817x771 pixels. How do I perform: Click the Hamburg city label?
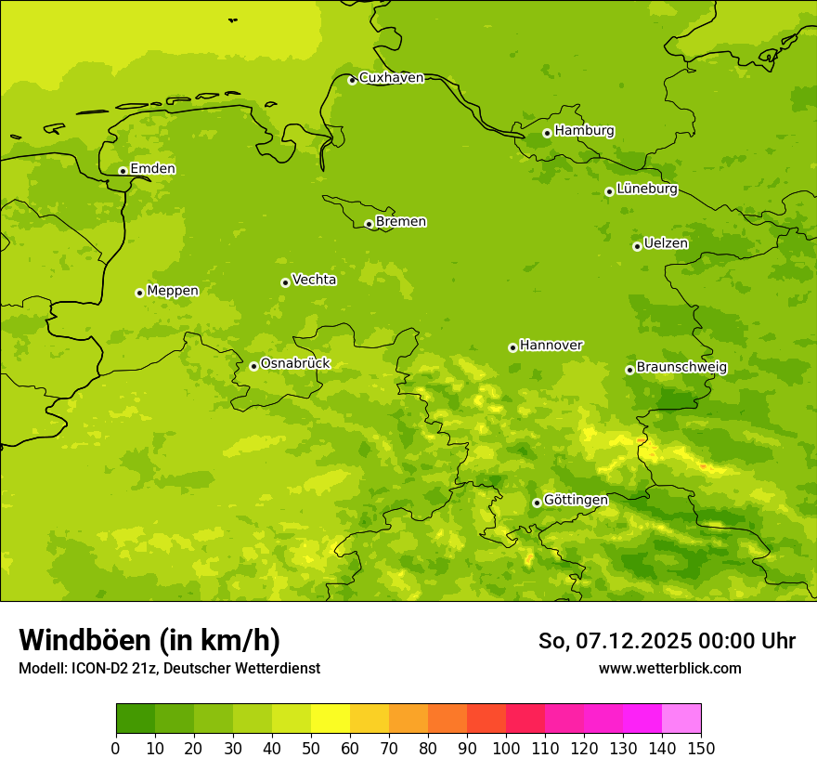(584, 131)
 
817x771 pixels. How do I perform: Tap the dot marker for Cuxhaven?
(352, 80)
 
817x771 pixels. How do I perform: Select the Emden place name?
(152, 169)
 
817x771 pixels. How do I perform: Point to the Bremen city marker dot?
(369, 224)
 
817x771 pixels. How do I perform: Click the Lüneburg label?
(646, 189)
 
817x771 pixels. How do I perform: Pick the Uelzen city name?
(666, 244)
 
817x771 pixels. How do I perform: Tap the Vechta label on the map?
(314, 280)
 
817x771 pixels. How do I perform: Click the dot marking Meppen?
(139, 293)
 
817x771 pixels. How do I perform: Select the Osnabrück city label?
(295, 364)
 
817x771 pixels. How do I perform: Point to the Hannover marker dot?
(512, 347)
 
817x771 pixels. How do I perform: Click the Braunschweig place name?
(681, 368)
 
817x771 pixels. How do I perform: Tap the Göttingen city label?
(576, 501)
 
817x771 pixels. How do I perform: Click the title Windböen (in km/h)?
(149, 640)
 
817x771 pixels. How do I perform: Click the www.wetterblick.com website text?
(669, 669)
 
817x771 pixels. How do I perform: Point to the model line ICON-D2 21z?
(169, 669)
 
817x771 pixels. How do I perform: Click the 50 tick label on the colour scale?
(311, 749)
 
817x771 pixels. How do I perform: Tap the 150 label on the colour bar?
(701, 749)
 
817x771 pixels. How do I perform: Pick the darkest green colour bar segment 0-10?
(136, 719)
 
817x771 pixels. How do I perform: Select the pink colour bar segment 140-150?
(681, 719)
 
